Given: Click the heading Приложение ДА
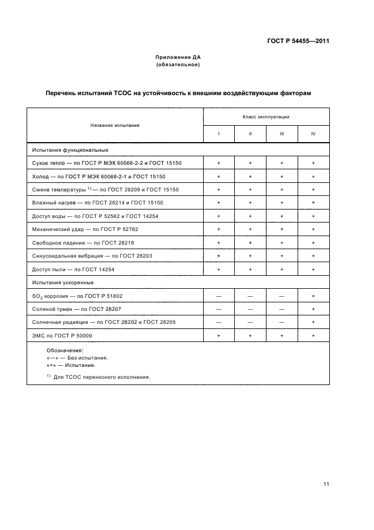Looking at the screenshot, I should (x=178, y=58).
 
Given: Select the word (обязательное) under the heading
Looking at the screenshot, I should (x=178, y=65).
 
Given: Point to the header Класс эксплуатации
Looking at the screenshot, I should (x=266, y=116).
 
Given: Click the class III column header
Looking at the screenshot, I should (x=282, y=134).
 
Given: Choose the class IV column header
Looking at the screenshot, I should (x=313, y=134).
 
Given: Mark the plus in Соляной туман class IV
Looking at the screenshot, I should (x=313, y=309).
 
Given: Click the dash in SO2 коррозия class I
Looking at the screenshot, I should (x=218, y=296).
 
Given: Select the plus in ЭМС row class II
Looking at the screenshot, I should (x=250, y=336).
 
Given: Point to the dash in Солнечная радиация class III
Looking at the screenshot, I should (x=282, y=323).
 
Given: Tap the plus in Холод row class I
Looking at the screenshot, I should (x=218, y=177).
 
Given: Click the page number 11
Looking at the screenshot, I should (x=326, y=484).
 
